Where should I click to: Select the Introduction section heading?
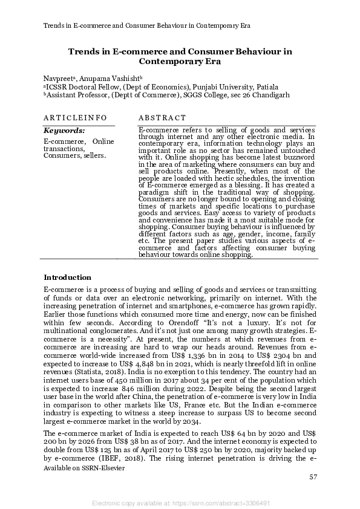pyautogui.click(x=67, y=277)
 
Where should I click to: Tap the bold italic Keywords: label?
pyautogui.click(x=64, y=130)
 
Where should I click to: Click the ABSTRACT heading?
pyautogui.click(x=162, y=117)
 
